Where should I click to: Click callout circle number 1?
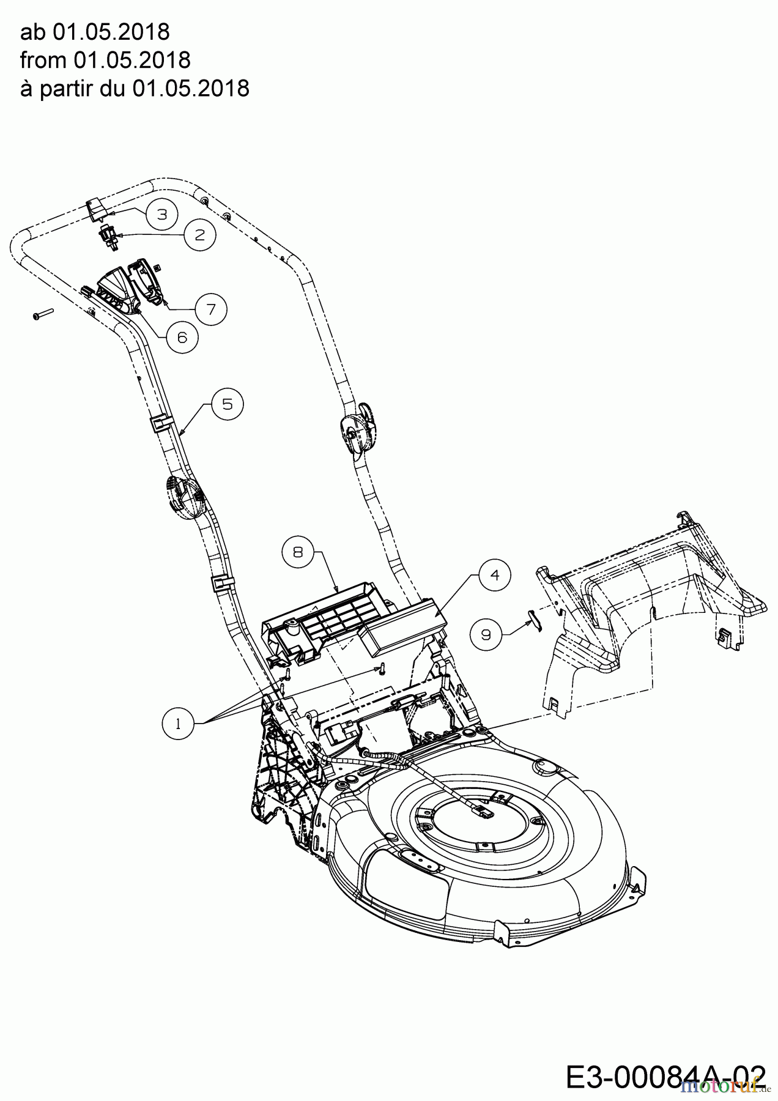click(178, 724)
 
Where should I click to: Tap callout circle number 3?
click(161, 214)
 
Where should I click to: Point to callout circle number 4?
click(495, 575)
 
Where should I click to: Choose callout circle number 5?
click(228, 404)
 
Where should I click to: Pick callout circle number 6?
click(182, 337)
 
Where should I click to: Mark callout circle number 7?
click(211, 310)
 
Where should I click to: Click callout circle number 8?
click(298, 552)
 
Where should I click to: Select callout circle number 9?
click(486, 634)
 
